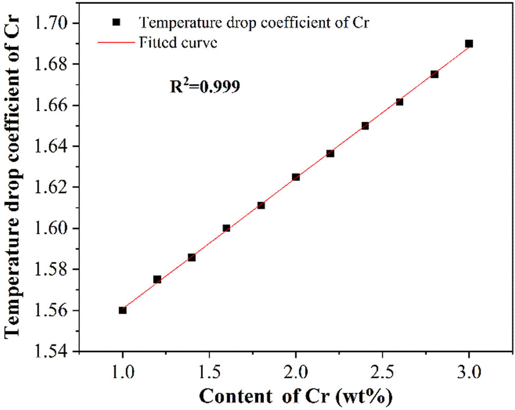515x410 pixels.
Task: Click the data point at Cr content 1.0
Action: click(123, 310)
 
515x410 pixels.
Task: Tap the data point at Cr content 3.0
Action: click(469, 44)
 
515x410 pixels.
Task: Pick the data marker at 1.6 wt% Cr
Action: click(227, 228)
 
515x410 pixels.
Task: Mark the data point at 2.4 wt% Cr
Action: click(365, 126)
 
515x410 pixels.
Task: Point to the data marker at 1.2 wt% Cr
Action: click(157, 279)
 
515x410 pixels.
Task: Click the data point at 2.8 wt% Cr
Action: click(434, 74)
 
